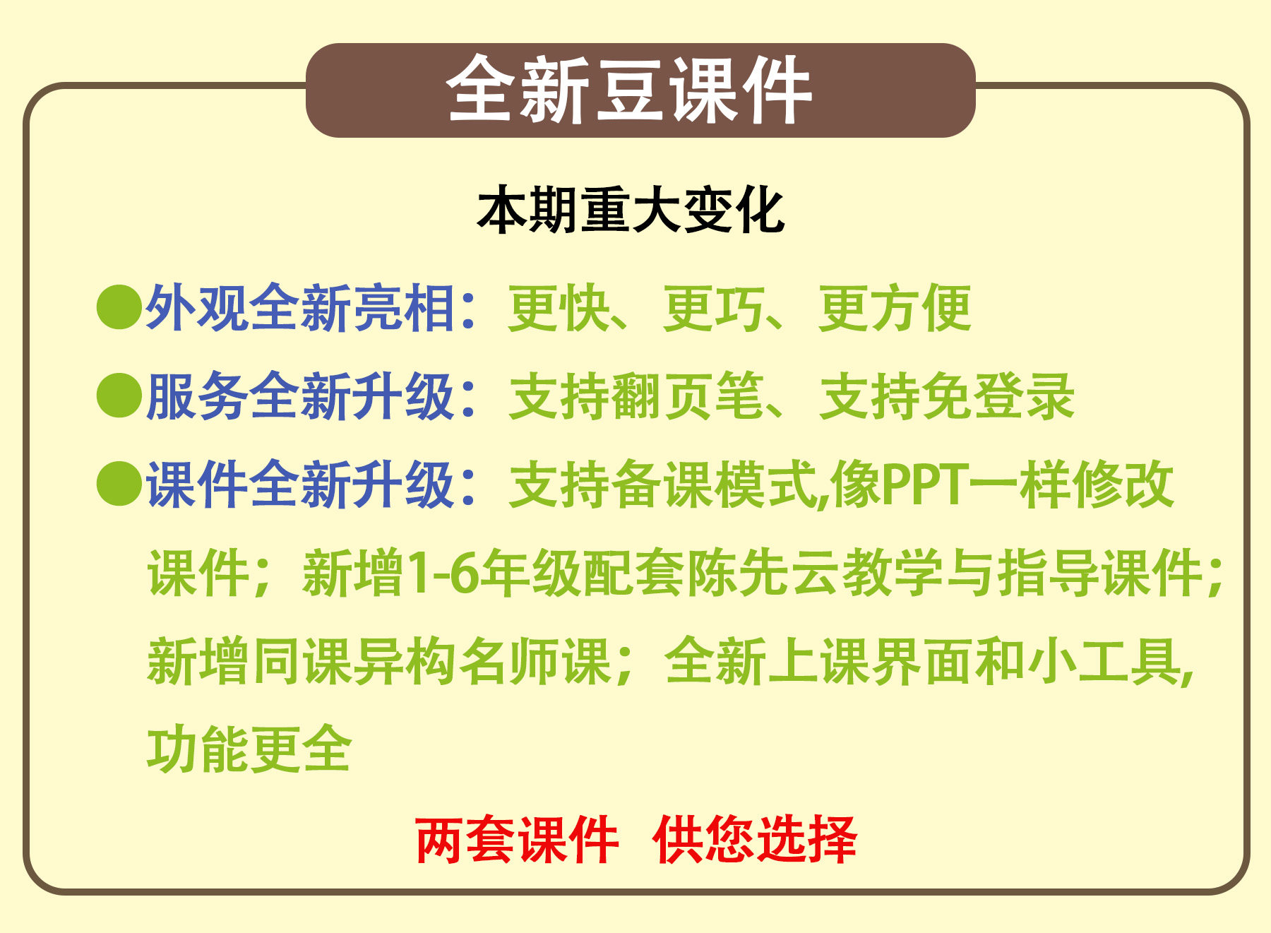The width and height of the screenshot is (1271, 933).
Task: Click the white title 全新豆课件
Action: (x=628, y=90)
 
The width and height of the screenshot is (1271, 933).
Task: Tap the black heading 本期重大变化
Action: (x=631, y=210)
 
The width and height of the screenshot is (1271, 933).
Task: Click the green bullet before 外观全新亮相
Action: (x=119, y=307)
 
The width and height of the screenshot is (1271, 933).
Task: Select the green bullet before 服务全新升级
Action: (x=119, y=396)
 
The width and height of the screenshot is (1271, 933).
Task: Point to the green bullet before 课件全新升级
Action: (x=119, y=484)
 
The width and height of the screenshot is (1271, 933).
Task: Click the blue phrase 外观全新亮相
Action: (x=300, y=308)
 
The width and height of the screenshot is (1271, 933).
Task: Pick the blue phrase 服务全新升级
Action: (x=300, y=396)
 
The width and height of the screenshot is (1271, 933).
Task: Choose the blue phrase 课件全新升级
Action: (x=300, y=485)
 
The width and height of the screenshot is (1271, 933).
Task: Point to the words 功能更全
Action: (x=249, y=749)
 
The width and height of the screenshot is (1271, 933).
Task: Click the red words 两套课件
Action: (x=518, y=840)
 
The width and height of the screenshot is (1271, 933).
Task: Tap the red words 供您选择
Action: (x=755, y=840)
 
